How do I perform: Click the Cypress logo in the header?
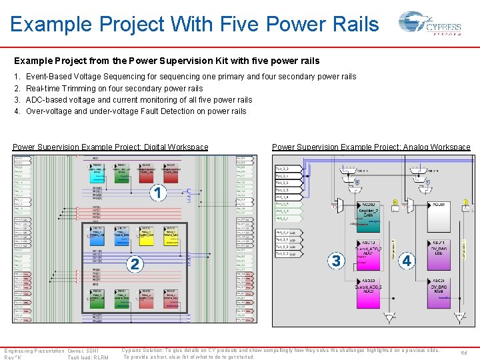429,25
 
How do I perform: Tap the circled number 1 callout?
158,193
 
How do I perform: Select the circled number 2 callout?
135,264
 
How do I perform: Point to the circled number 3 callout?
336,261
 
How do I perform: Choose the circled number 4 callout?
406,261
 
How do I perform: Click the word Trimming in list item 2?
82,89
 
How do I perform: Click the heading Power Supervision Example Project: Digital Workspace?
111,147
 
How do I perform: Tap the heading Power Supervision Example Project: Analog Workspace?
371,147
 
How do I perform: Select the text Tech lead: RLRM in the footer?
88,357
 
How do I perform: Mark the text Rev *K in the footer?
13,357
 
